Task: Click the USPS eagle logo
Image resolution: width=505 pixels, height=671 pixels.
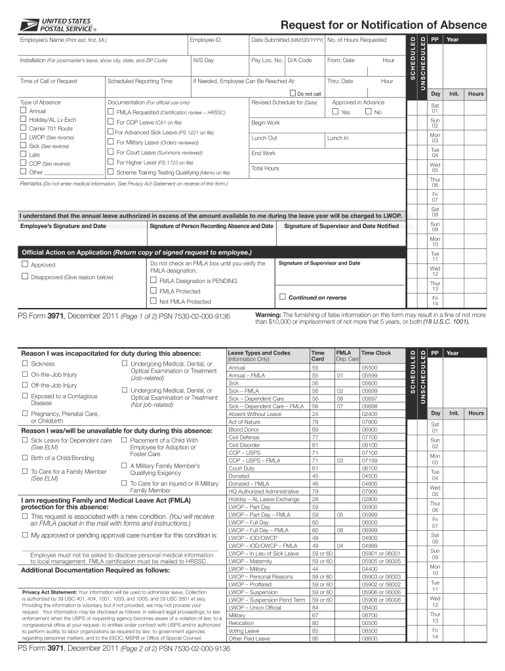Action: pyautogui.click(x=29, y=26)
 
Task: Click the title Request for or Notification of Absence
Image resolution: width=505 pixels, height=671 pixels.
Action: pyautogui.click(x=384, y=25)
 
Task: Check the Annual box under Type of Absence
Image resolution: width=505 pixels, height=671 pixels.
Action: pyautogui.click(x=24, y=111)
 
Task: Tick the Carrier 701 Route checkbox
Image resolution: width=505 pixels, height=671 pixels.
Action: pyautogui.click(x=24, y=129)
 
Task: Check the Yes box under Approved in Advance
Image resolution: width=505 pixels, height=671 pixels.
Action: pyautogui.click(x=335, y=112)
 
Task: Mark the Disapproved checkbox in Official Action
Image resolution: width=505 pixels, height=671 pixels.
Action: pyautogui.click(x=25, y=277)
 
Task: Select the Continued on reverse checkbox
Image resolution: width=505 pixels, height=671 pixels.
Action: pyautogui.click(x=283, y=297)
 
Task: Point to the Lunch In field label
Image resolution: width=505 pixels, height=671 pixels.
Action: pyautogui.click(x=338, y=138)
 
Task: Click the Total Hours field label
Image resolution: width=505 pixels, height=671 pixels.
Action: pyautogui.click(x=265, y=168)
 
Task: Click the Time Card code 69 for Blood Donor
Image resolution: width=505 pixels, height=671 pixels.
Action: pyautogui.click(x=315, y=429)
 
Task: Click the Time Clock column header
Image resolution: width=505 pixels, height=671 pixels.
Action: pyautogui.click(x=376, y=353)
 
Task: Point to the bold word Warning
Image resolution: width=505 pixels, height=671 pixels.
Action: pyautogui.click(x=268, y=315)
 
